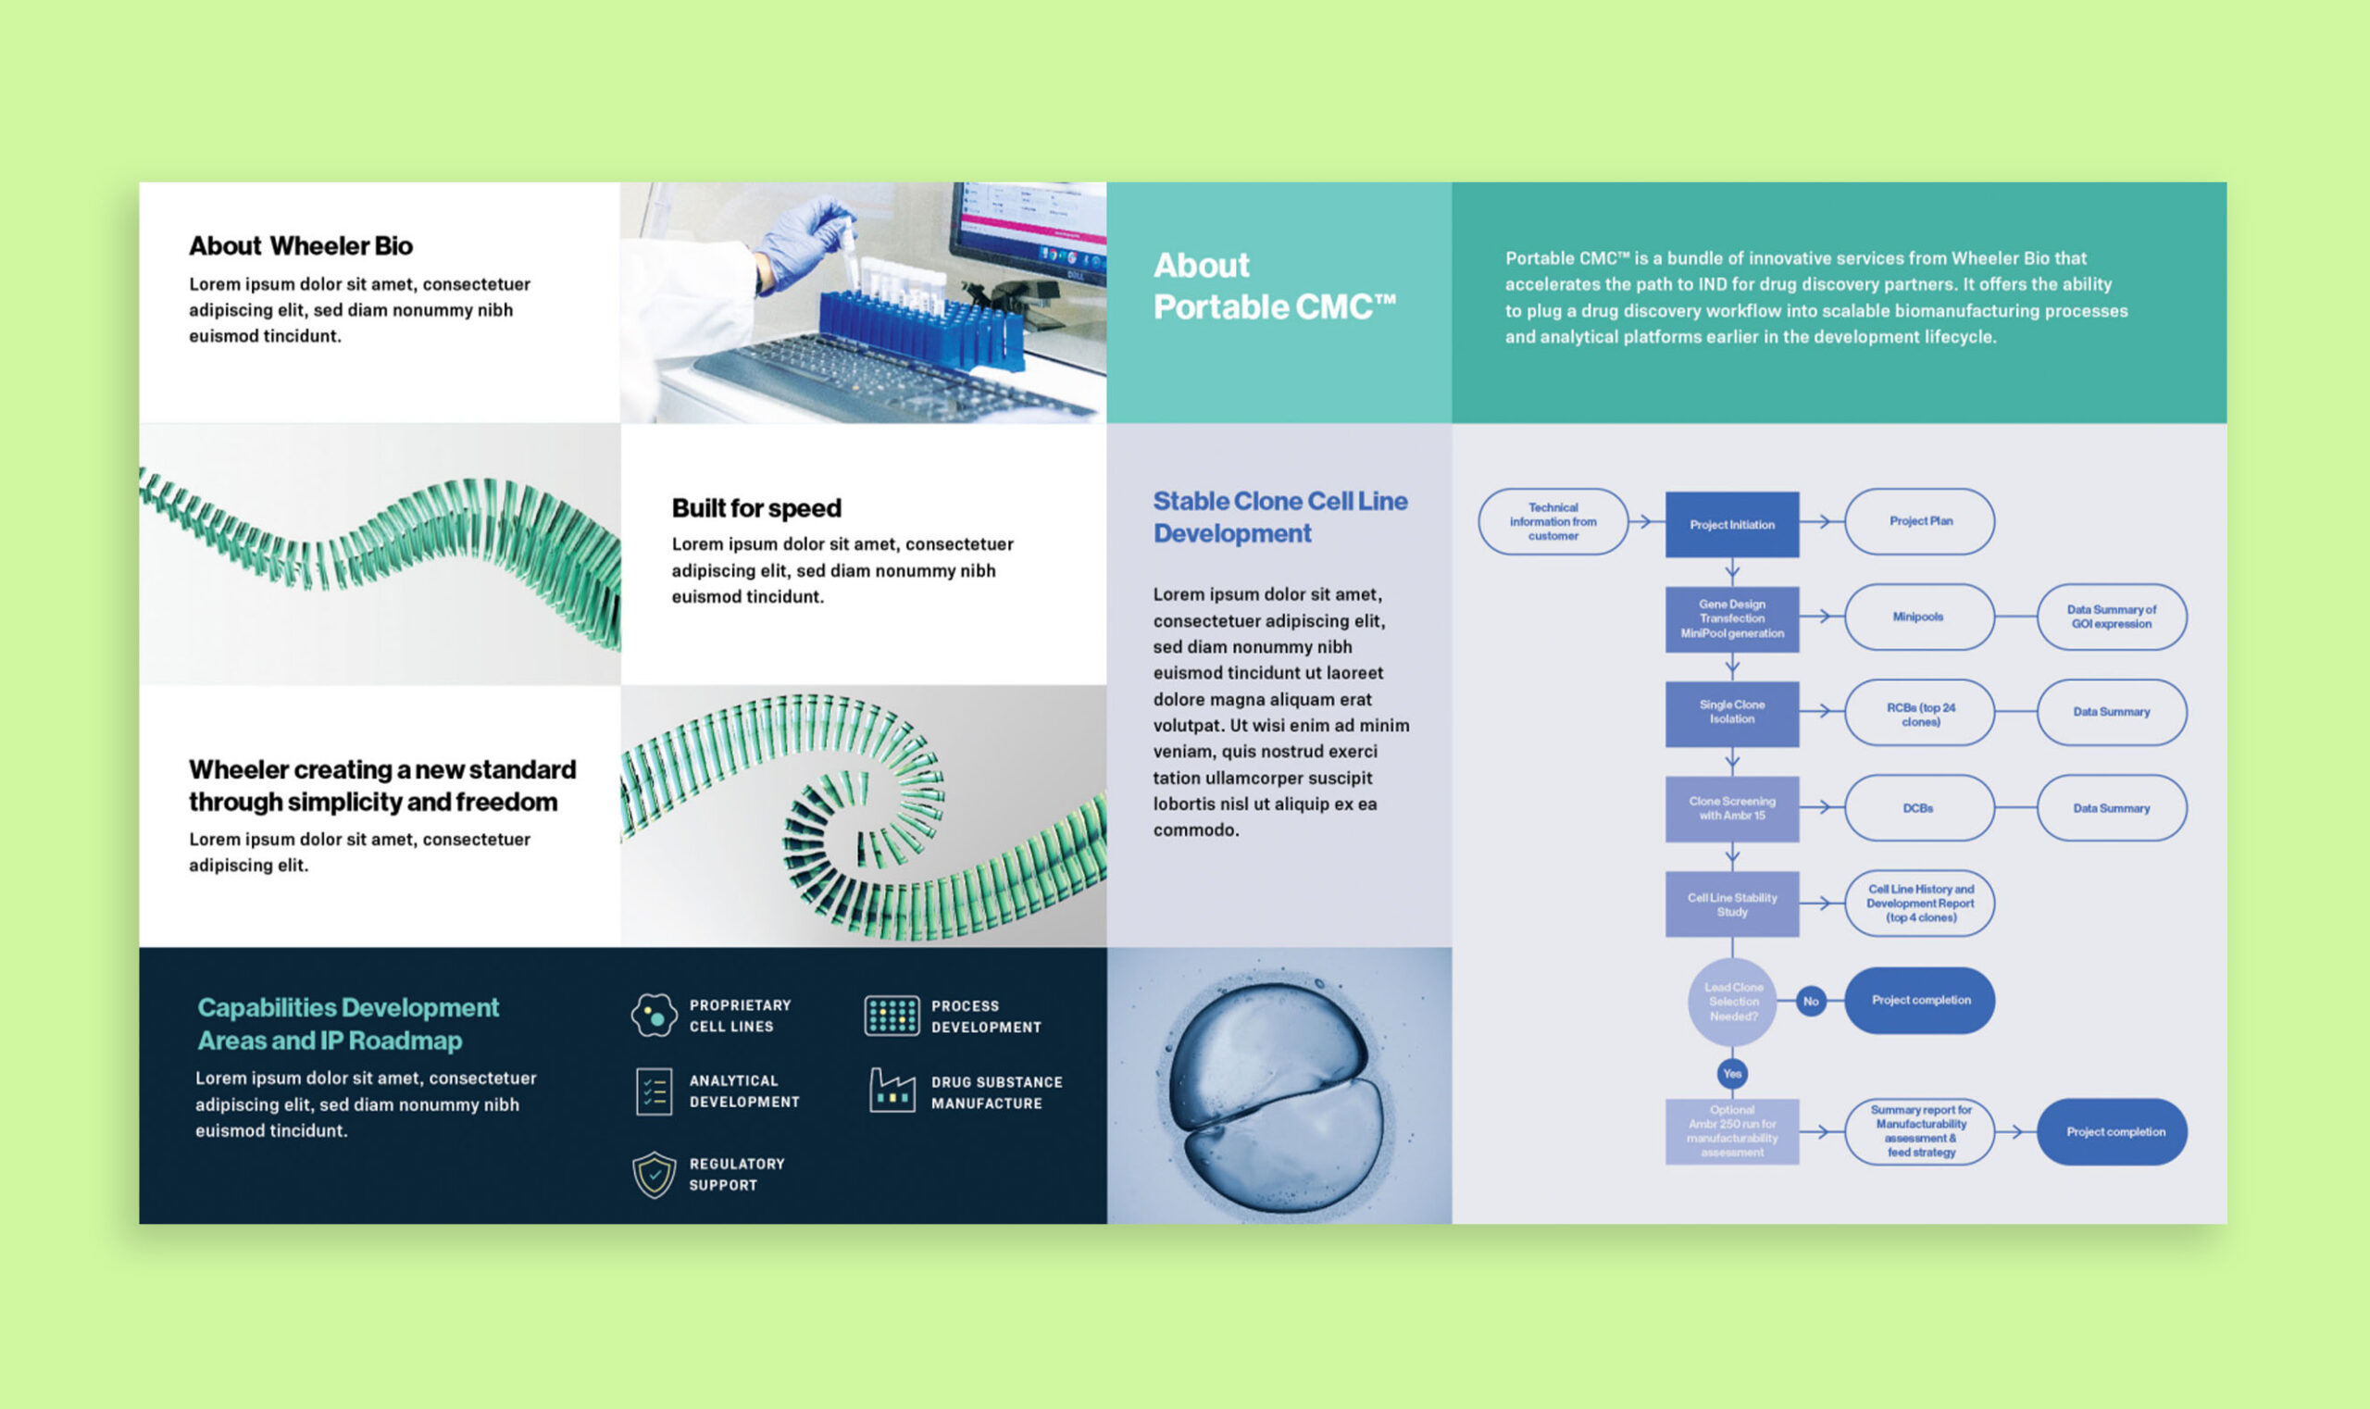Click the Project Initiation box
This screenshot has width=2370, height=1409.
[1731, 524]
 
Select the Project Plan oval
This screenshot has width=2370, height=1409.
[1919, 521]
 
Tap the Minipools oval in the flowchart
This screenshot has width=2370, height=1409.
[1919, 617]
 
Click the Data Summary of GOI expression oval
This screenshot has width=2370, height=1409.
[2111, 617]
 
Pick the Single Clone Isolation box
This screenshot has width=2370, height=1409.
[1731, 713]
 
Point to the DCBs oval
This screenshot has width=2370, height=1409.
[1919, 808]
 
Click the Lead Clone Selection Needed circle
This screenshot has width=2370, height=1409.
[1733, 1002]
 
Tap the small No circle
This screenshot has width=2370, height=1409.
[1811, 1002]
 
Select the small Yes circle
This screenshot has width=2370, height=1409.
[1732, 1074]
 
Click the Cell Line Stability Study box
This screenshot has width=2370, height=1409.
[1731, 904]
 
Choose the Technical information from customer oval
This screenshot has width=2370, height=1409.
[1553, 521]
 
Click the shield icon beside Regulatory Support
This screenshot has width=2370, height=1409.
[655, 1175]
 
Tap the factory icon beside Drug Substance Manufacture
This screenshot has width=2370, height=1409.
[892, 1091]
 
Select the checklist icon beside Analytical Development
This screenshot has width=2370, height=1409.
[655, 1091]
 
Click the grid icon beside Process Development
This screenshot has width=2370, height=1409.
[892, 1015]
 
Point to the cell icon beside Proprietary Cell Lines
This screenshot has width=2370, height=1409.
[655, 1015]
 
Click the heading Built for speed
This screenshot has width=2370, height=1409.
[755, 508]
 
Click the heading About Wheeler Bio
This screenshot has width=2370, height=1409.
[300, 246]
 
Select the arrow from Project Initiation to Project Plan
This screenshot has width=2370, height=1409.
[1820, 521]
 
